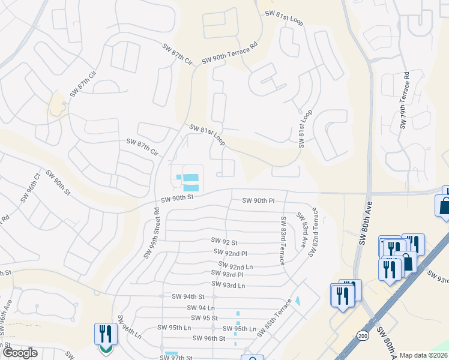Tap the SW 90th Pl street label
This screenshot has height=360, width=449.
(x=258, y=200)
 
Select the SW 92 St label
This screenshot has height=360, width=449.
(x=224, y=241)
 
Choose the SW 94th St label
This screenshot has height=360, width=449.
(x=188, y=296)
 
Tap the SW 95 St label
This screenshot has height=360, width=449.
(x=203, y=317)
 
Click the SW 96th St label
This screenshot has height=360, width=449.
(x=208, y=338)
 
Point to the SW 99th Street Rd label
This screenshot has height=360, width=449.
(x=151, y=233)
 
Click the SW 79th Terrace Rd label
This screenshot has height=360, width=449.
(x=405, y=101)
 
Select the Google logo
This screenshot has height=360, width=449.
(x=19, y=353)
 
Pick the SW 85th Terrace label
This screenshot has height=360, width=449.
(x=274, y=317)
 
